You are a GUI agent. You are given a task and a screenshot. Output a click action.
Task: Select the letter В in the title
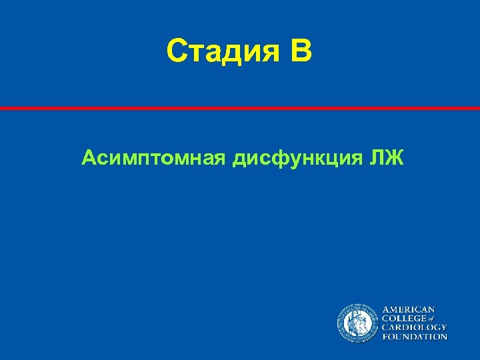pos(300,51)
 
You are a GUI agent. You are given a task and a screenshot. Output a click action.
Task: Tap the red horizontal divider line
pos(240,108)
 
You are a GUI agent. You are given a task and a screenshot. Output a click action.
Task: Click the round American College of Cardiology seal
pos(357,323)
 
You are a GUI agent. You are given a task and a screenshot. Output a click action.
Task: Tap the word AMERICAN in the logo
pos(408,309)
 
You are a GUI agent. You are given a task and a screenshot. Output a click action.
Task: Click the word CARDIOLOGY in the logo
pos(414,327)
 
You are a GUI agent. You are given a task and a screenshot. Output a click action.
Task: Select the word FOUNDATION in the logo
pos(414,337)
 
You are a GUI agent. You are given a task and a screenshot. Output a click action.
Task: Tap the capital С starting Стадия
pos(177,51)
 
